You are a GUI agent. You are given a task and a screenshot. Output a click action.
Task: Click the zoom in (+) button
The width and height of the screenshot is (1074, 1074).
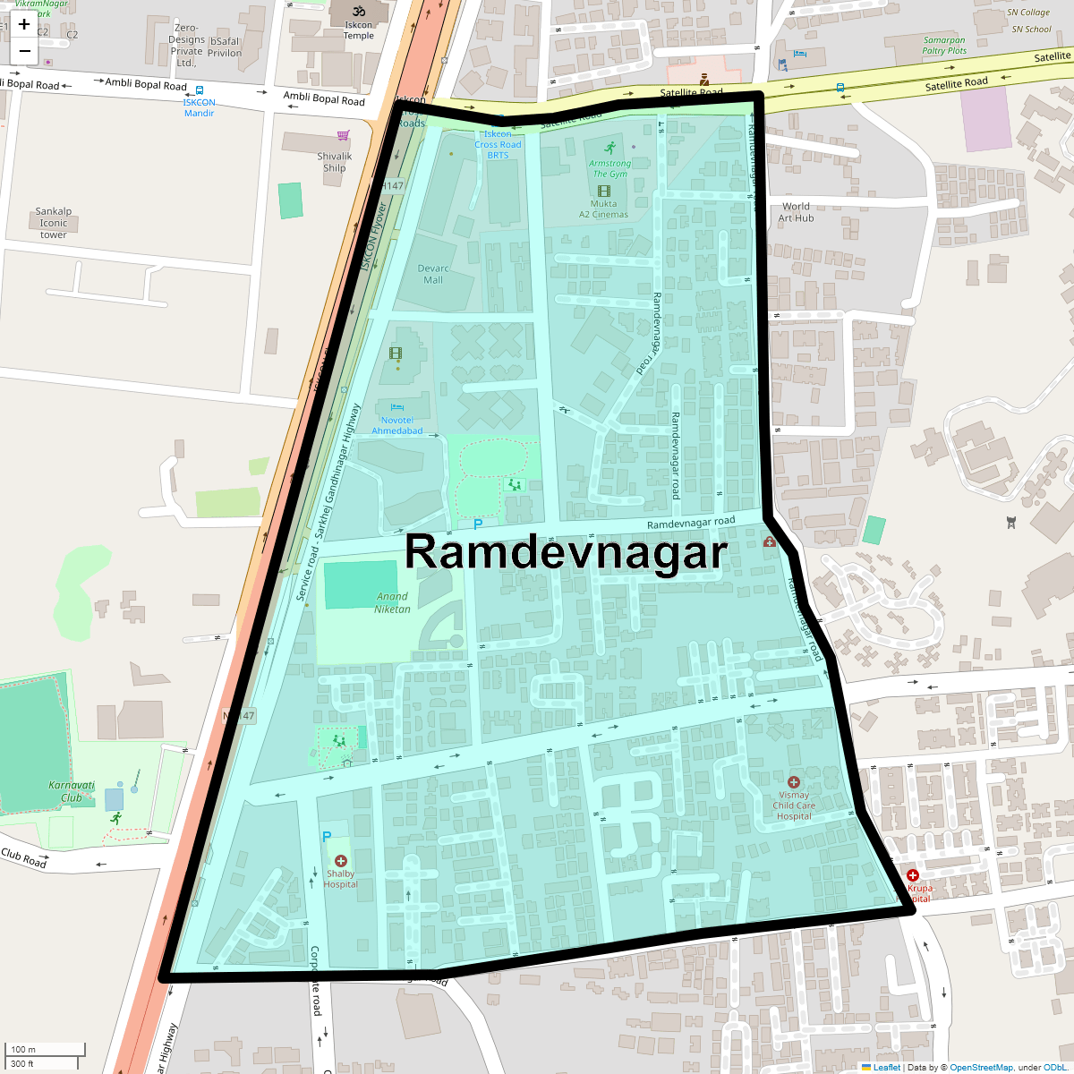point(24,24)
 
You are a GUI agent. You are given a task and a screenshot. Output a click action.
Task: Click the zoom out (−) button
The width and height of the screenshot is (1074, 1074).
point(24,51)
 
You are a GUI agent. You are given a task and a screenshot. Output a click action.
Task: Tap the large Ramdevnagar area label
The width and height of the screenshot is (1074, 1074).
point(566,551)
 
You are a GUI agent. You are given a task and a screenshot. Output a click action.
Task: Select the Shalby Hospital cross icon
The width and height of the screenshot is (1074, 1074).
point(340,861)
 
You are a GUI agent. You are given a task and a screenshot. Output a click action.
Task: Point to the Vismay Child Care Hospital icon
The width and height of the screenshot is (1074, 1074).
point(793,782)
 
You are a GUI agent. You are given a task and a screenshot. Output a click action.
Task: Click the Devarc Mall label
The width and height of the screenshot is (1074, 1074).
point(433,274)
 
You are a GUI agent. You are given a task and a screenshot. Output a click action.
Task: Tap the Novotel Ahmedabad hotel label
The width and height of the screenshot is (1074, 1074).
point(397,425)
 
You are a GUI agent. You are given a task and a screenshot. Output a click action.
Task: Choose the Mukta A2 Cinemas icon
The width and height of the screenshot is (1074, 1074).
point(603,191)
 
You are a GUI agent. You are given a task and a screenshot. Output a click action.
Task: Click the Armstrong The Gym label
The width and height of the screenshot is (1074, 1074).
point(609,168)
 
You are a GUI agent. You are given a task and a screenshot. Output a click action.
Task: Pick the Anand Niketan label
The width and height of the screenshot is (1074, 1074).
point(392,602)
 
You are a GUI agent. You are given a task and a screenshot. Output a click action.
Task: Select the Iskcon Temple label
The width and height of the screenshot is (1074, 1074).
point(359,30)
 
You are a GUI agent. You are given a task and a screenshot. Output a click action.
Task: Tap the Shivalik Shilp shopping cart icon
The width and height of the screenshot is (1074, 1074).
point(343,136)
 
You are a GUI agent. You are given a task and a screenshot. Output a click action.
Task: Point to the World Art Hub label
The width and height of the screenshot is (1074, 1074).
point(796,212)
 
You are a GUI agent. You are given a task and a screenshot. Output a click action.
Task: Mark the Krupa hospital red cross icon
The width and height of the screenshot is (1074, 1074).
point(913,875)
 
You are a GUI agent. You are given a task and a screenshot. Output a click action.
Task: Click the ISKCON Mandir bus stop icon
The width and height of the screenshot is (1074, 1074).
point(199,90)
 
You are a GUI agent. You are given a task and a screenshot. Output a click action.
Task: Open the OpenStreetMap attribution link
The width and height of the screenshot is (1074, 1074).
point(981,1067)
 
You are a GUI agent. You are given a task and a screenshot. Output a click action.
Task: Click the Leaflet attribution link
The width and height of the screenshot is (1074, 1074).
point(886,1067)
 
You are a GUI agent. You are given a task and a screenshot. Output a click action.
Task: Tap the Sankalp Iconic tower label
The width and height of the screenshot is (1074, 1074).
point(54,223)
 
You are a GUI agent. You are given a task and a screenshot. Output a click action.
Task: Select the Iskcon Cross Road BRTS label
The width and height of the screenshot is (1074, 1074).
point(498,144)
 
